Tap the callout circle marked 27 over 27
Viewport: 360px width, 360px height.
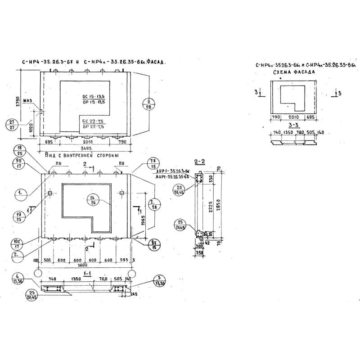pos(12,125)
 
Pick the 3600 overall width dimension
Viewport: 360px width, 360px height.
pos(84,266)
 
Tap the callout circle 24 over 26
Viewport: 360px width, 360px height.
pos(94,200)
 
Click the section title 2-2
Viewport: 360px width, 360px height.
pos(199,161)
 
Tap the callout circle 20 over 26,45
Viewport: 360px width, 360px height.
pos(180,190)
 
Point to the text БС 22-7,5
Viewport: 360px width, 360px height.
pos(93,121)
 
